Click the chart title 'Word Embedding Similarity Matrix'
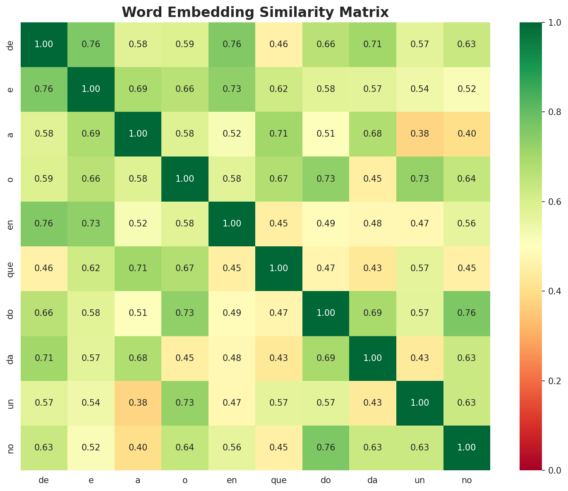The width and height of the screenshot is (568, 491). [x=255, y=12]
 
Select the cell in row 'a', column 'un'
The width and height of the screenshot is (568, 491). [x=420, y=134]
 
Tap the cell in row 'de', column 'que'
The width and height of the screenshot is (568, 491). [x=279, y=44]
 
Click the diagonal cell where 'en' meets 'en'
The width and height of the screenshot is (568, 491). [x=232, y=224]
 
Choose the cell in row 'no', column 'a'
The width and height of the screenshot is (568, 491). [x=138, y=448]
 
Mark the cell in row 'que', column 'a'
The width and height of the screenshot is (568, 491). [x=138, y=268]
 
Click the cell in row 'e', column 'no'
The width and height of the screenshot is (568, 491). [x=467, y=89]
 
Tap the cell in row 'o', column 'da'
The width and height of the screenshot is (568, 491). [x=373, y=179]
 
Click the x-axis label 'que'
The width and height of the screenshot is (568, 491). [x=279, y=481]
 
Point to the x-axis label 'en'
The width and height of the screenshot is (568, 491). [x=232, y=481]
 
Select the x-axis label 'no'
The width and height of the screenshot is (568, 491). [x=467, y=481]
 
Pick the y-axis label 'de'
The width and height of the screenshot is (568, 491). [x=11, y=44]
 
